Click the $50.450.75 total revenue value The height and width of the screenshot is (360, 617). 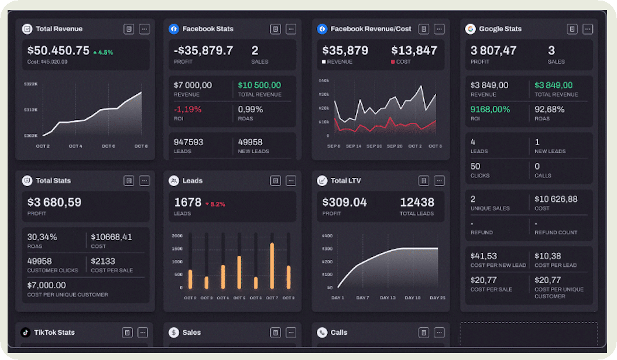click(x=58, y=51)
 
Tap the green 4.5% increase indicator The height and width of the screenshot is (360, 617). click(x=103, y=53)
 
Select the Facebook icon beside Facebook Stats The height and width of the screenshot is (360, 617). click(x=174, y=29)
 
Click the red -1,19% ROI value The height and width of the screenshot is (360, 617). click(x=188, y=109)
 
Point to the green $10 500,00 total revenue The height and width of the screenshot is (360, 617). click(x=259, y=85)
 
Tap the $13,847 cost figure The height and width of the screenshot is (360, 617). click(x=414, y=51)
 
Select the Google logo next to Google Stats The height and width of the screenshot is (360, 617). click(x=470, y=29)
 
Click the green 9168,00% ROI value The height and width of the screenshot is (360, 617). click(x=490, y=109)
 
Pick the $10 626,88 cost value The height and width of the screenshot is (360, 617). click(x=556, y=199)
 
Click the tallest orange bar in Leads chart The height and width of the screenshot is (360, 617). click(x=272, y=265)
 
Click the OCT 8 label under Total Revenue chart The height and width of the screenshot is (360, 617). click(x=141, y=146)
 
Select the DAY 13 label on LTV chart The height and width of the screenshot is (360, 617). click(x=388, y=298)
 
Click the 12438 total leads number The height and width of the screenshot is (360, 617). click(x=417, y=203)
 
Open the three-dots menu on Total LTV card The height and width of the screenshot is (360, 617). click(x=439, y=181)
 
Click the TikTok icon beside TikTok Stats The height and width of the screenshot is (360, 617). click(x=26, y=332)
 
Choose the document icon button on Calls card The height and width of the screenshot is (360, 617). click(x=424, y=332)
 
